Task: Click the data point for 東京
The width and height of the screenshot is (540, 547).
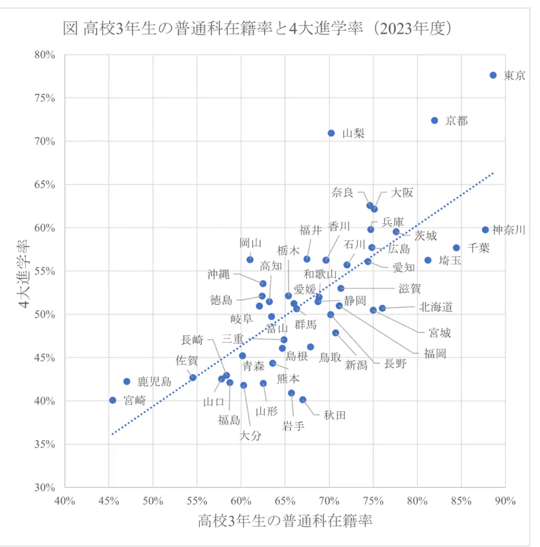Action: point(493,75)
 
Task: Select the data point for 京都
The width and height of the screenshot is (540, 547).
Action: point(434,120)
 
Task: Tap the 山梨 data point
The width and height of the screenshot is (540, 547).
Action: point(331,133)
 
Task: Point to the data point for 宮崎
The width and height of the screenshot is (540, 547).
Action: point(113,400)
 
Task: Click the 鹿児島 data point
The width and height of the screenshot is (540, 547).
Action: point(127,381)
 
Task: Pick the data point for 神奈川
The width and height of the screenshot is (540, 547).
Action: point(485,230)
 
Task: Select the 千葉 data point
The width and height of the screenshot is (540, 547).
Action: point(456,248)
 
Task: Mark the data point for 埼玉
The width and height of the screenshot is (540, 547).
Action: point(428,260)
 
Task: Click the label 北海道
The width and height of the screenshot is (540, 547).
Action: point(436,307)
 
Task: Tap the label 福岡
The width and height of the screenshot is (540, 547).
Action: point(435,353)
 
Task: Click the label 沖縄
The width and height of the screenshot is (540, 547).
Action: point(219,274)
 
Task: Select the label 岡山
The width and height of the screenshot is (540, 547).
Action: point(251,243)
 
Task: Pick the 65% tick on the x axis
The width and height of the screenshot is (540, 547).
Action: point(285,500)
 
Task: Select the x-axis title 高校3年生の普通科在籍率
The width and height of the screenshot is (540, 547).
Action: point(285,521)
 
